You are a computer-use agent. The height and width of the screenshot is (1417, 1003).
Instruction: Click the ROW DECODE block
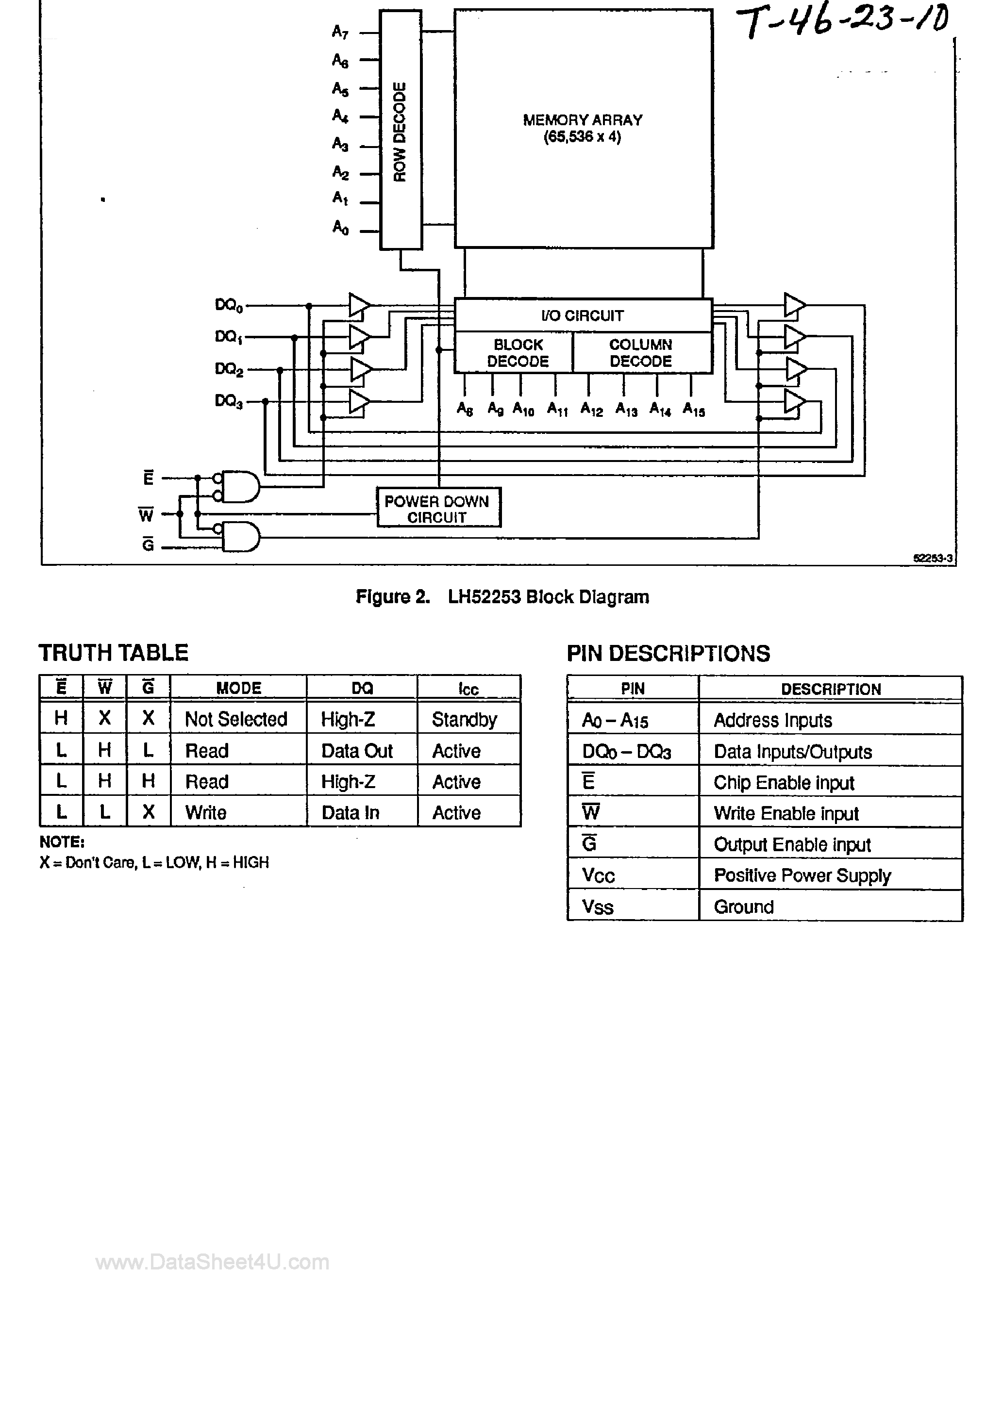(400, 130)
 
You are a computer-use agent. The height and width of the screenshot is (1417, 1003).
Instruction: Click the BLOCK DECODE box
(518, 353)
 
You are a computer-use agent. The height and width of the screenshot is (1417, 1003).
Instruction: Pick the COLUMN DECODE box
(641, 353)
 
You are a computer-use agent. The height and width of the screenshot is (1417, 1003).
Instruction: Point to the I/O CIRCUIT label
(583, 316)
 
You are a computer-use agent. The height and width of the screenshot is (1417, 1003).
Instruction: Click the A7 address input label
(340, 32)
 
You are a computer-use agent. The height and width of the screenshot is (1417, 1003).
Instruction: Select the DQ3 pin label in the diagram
(229, 402)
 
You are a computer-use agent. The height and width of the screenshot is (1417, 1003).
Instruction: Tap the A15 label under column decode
(694, 410)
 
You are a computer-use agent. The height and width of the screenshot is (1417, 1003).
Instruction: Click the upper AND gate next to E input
(240, 487)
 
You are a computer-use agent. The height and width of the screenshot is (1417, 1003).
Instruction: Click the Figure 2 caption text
(502, 597)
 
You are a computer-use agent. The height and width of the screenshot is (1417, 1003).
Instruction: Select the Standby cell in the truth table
(465, 720)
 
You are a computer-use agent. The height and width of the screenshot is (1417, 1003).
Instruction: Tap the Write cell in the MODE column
(206, 813)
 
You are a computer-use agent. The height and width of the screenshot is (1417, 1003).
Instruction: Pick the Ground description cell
(744, 906)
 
